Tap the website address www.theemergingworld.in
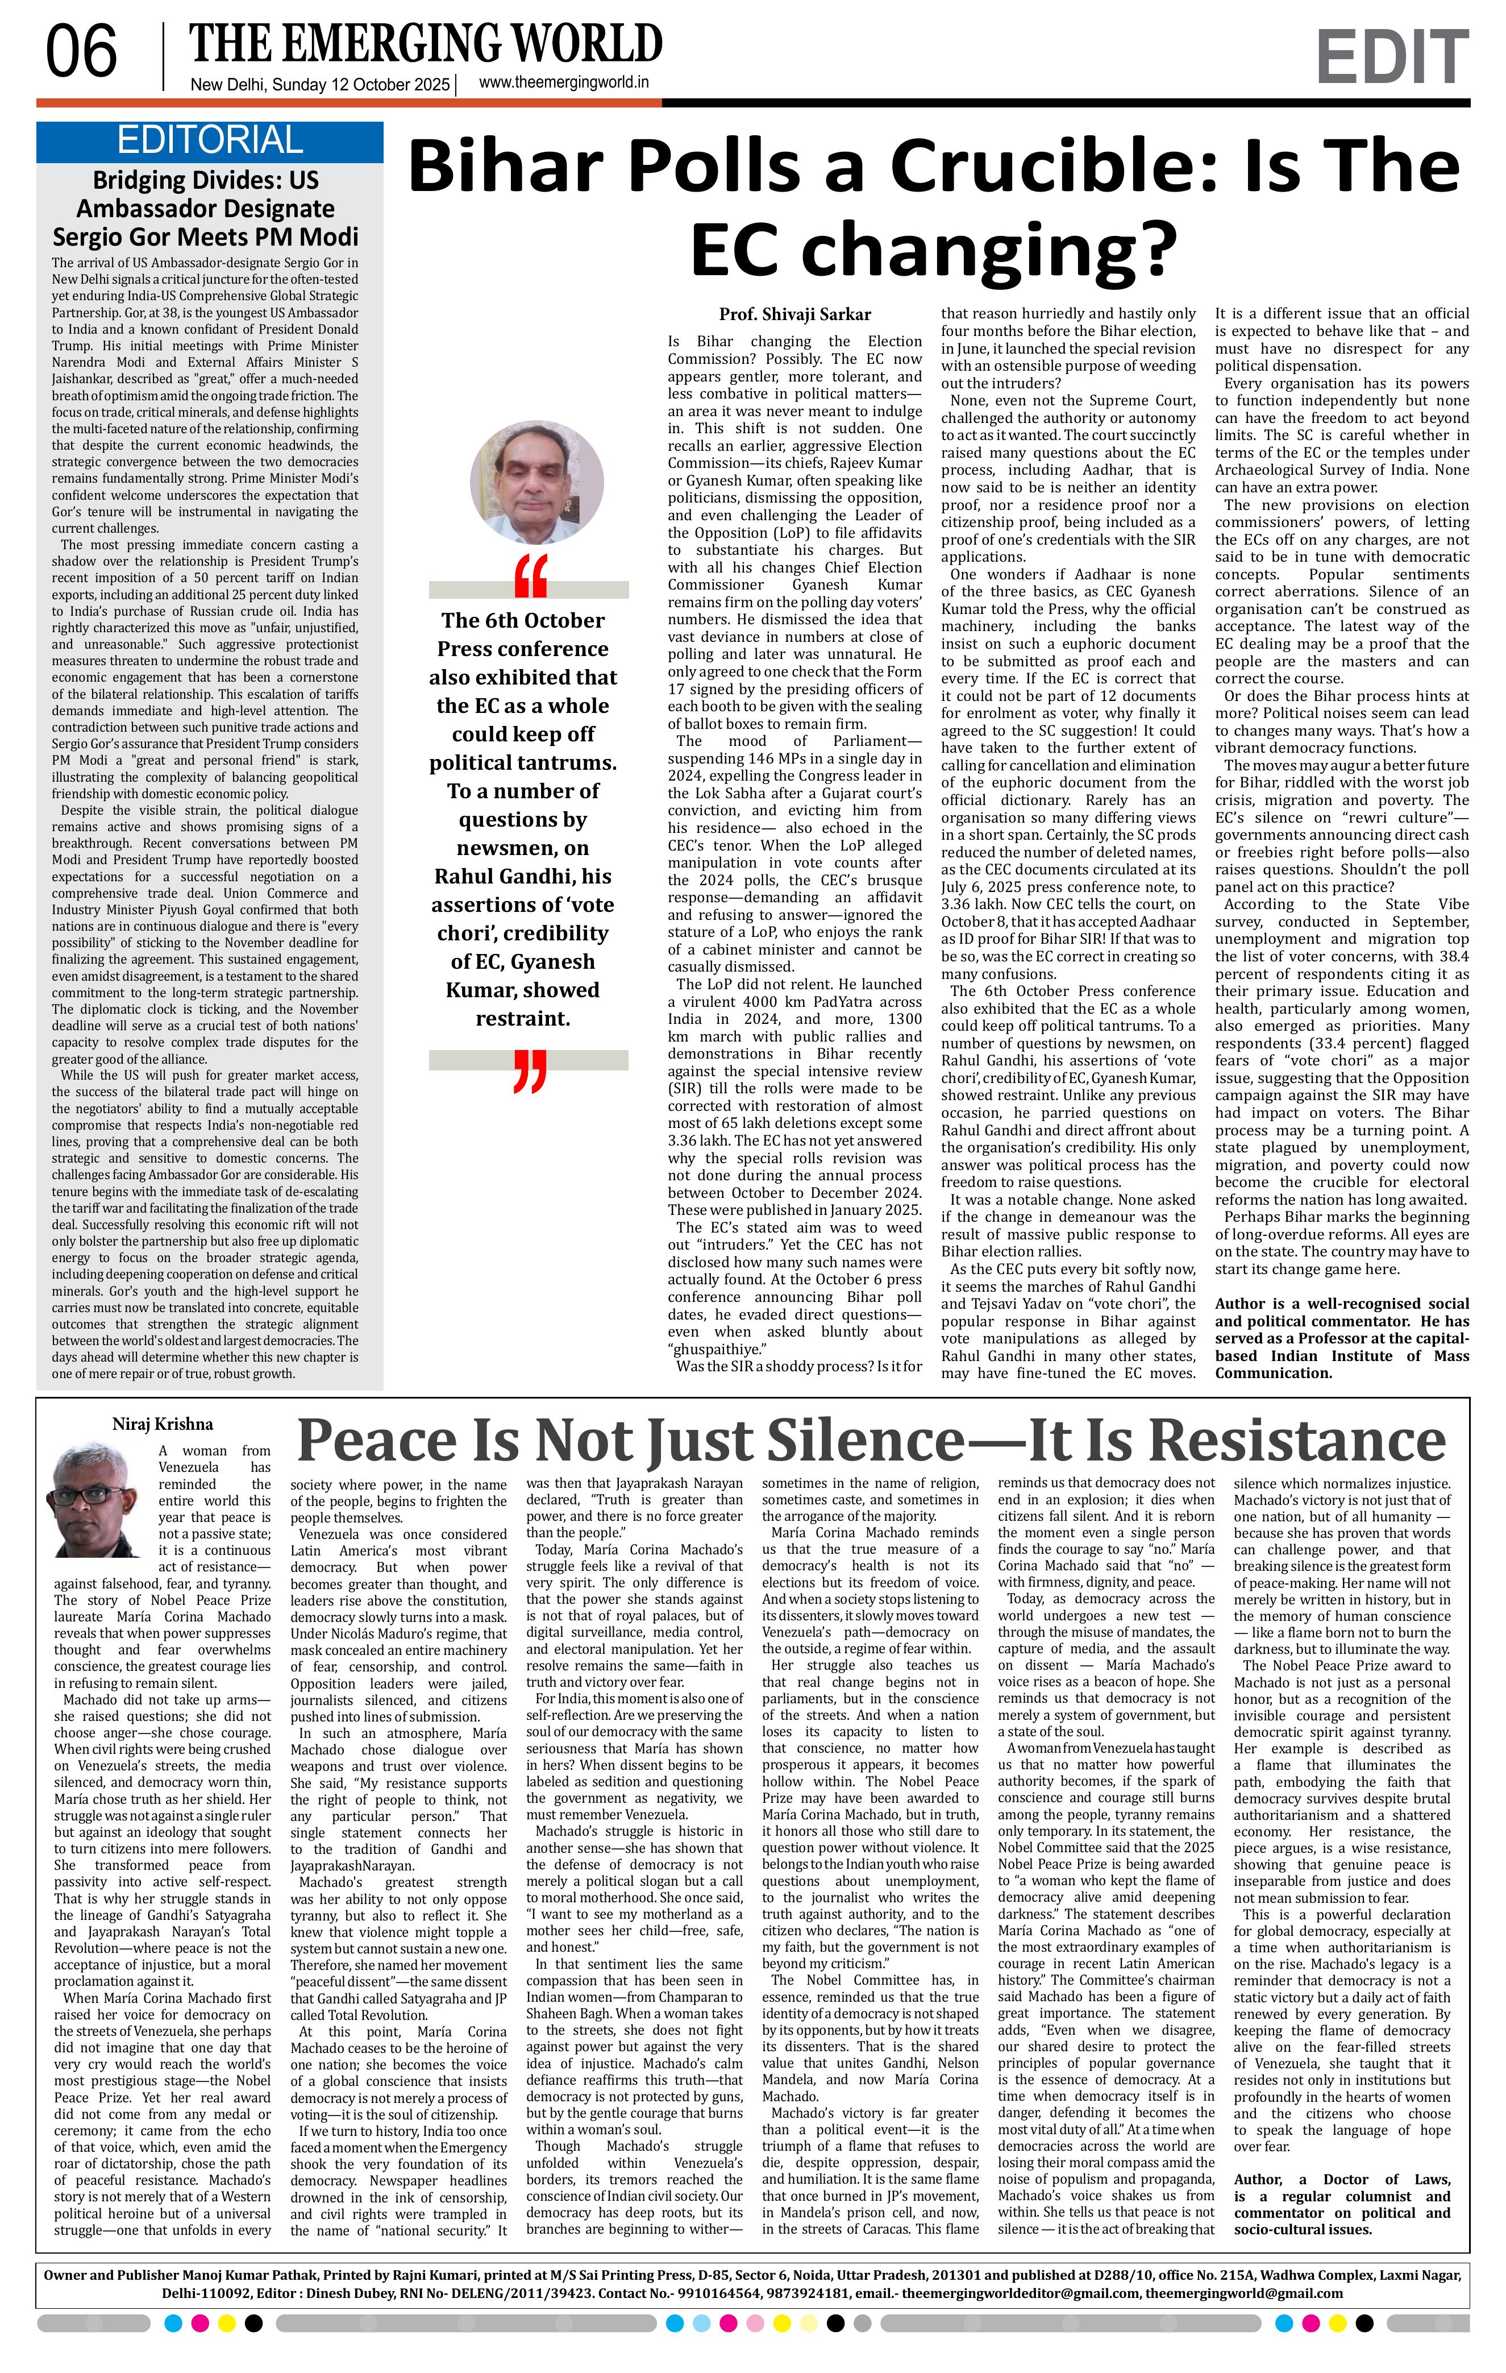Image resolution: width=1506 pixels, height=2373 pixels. (x=563, y=83)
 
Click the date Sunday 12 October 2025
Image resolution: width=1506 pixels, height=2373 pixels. (x=360, y=85)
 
